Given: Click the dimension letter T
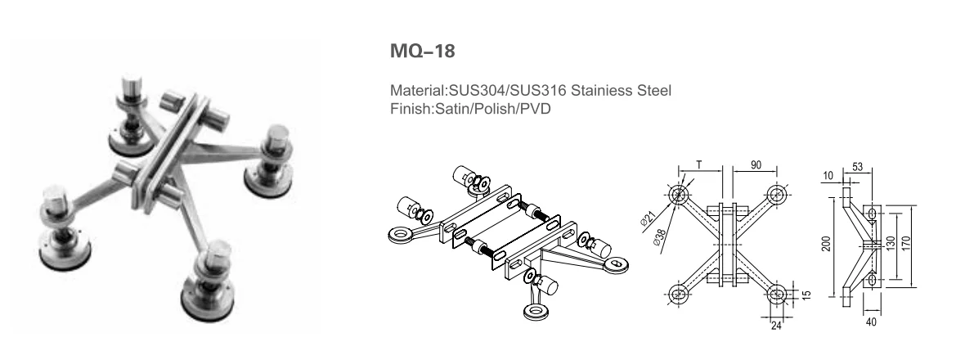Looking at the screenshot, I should [x=700, y=165].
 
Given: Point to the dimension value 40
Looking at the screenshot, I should [x=870, y=321].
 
